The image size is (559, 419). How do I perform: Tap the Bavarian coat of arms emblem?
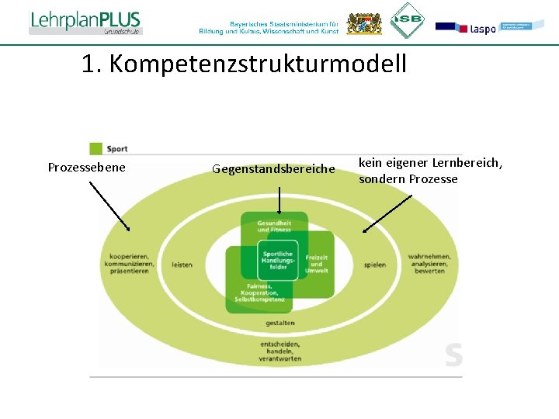359,23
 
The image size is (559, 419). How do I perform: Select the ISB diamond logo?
407,20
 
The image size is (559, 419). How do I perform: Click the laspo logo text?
482,29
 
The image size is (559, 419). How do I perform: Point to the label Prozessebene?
86,168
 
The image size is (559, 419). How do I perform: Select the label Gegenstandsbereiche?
273,168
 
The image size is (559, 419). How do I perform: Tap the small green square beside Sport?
96,148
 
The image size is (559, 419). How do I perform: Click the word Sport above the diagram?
117,148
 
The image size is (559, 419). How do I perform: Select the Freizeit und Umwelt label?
316,264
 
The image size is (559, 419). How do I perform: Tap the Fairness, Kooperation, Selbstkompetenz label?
259,293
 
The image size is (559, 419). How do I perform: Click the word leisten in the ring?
182,265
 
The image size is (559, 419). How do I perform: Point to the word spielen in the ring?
374,265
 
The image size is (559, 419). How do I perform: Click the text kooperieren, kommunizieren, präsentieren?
132,264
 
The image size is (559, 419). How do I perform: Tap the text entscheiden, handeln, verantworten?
280,351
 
